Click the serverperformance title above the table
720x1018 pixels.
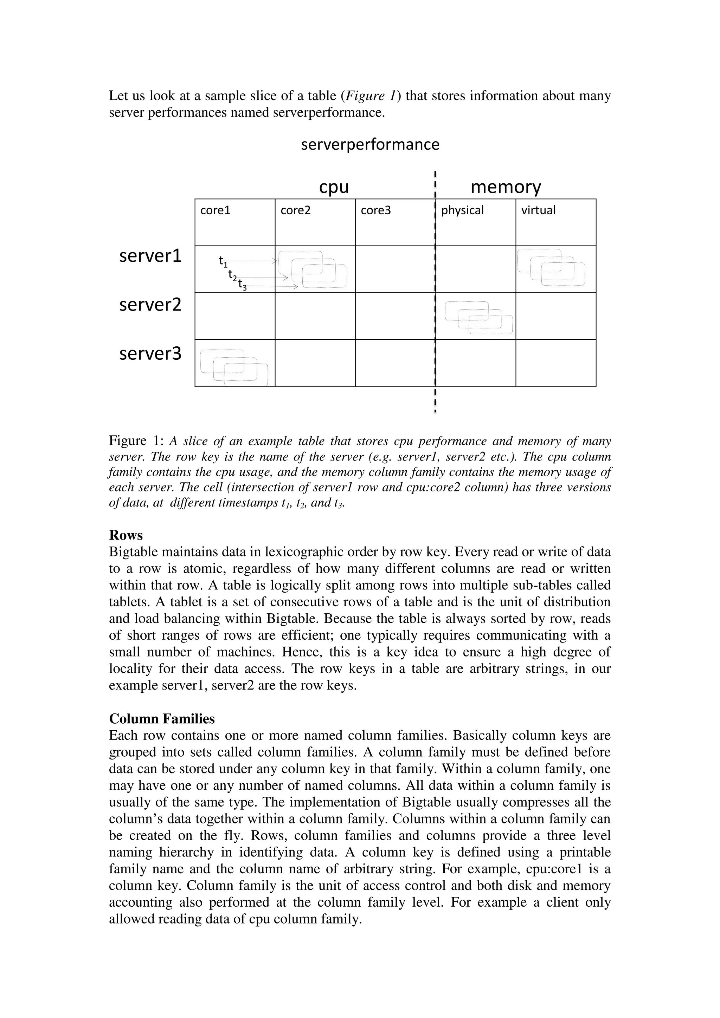tap(370, 144)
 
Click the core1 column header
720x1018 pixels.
tap(216, 210)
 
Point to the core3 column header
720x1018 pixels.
tap(375, 210)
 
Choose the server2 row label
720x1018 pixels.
tap(150, 305)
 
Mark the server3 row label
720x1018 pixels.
tap(150, 354)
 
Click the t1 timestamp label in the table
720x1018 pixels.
tap(223, 262)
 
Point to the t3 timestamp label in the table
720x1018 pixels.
tap(242, 285)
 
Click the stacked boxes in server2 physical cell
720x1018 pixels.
tap(478, 318)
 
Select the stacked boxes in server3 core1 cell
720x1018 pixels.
tap(234, 367)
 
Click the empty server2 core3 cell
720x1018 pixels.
tap(395, 316)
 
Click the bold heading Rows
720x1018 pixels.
tap(126, 536)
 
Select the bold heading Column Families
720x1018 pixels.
tap(162, 719)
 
